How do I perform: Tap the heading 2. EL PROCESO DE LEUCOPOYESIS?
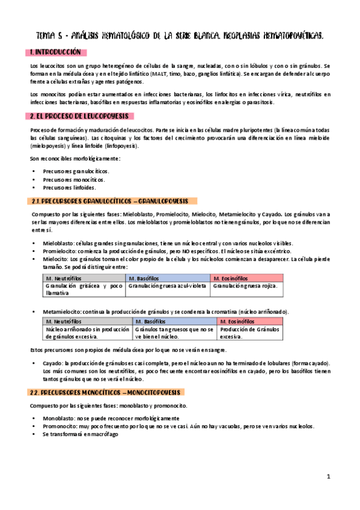pyautogui.click(x=81, y=116)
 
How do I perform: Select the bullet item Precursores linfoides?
pyautogui.click(x=69, y=188)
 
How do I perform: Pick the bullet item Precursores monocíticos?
pyautogui.click(x=73, y=179)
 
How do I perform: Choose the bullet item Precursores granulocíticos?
pyautogui.click(x=76, y=171)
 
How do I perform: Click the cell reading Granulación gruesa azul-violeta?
pyautogui.click(x=168, y=286)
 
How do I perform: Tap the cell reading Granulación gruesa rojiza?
pyautogui.click(x=245, y=286)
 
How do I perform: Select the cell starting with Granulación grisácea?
pyautogui.click(x=85, y=289)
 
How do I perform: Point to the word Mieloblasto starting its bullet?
pyautogui.click(x=56, y=242)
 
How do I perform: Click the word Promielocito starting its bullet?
pyautogui.click(x=58, y=250)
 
